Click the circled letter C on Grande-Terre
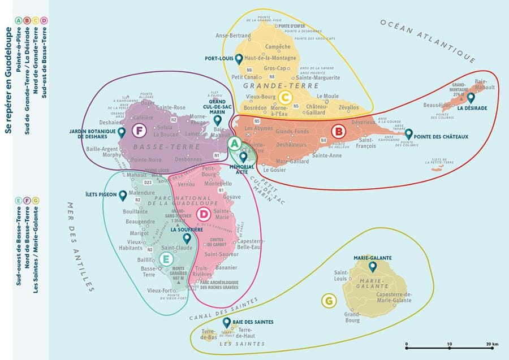point(285,97)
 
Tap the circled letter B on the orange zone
point(339,132)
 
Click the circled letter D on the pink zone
point(204,214)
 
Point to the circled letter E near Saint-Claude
point(166,259)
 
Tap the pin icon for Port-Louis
point(239,58)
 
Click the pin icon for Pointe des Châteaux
point(409,134)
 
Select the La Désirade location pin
point(471,97)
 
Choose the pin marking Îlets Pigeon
point(123,196)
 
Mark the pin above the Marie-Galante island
point(372,266)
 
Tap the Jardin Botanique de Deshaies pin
point(122,132)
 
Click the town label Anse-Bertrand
point(233,36)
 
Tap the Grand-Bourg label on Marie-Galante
point(352,316)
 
